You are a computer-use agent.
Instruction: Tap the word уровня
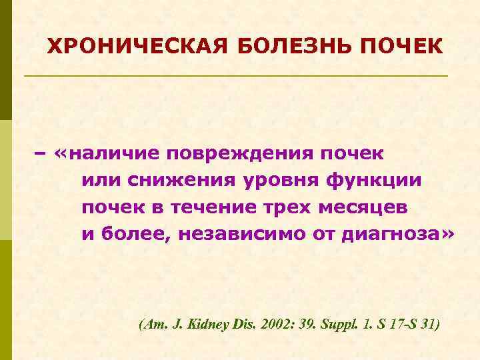coord(277,181)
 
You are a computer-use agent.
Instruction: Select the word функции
coord(373,181)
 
